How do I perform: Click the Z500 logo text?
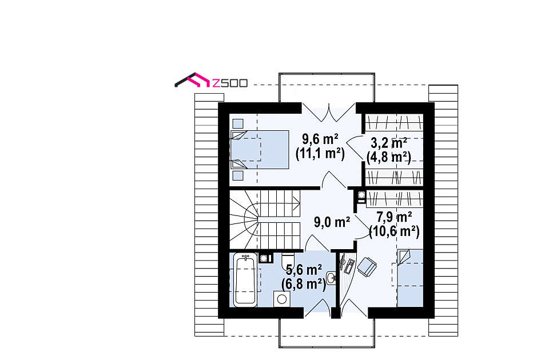pos(230,83)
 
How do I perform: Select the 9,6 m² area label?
pos(320,139)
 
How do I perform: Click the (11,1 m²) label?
pos(320,153)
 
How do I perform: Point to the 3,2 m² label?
pos(389,143)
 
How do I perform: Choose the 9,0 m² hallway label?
pos(332,222)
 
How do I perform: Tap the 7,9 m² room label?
pos(394,217)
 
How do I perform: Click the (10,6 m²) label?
pos(394,231)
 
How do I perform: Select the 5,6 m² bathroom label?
pos(304,270)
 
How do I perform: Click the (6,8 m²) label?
pos(304,284)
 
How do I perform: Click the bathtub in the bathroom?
pos(245,280)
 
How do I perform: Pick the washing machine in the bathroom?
pos(282,299)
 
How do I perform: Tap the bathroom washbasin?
pos(331,278)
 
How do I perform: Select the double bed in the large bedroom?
pos(260,149)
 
